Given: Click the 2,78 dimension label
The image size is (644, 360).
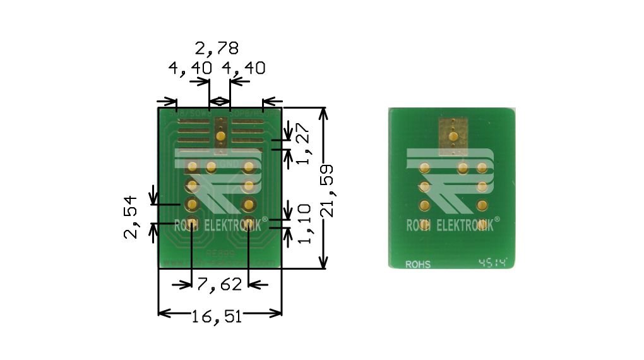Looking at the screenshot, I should pos(217,49).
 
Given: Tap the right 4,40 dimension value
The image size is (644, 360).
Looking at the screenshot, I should pos(243,68).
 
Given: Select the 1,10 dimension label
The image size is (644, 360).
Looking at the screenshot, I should pos(304,224).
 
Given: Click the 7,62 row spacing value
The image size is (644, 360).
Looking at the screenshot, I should pos(219,285).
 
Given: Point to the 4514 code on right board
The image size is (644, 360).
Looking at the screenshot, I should pos(493,262).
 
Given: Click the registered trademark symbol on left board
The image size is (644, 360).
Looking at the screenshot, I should pos(265,219).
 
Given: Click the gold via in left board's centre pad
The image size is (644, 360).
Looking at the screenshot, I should pos(221,136).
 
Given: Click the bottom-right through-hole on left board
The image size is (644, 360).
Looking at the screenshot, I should pos(249,223).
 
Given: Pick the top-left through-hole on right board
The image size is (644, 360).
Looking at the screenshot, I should pos(425,168).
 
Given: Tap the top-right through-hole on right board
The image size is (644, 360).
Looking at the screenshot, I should pos(483,168).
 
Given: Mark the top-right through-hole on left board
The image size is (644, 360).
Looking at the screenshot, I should pos(249,167).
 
